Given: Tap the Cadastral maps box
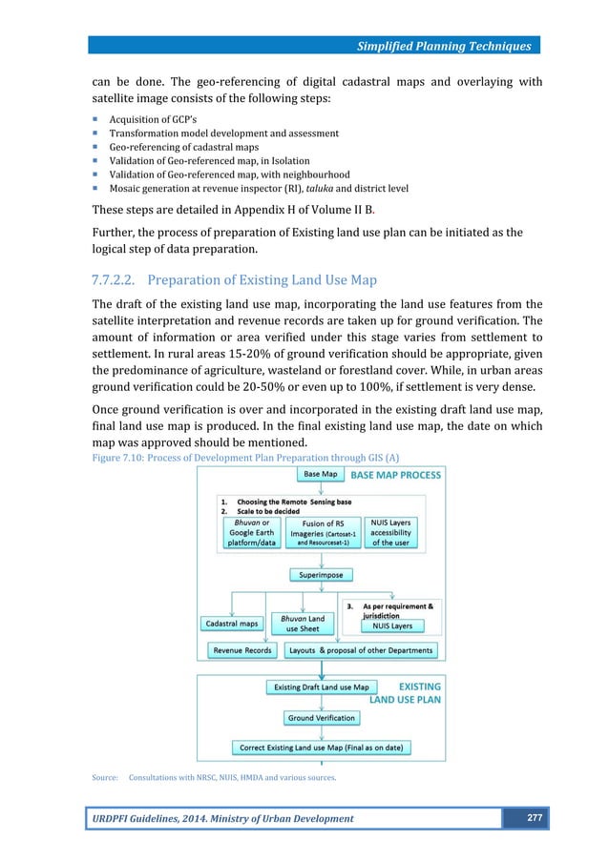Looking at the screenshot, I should [231, 624].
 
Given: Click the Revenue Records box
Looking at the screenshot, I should [241, 650].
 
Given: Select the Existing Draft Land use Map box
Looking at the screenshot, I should [321, 687].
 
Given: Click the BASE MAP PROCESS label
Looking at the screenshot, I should [396, 474].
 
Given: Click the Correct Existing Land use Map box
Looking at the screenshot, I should [321, 748].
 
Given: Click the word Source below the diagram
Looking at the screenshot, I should [104, 778].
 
